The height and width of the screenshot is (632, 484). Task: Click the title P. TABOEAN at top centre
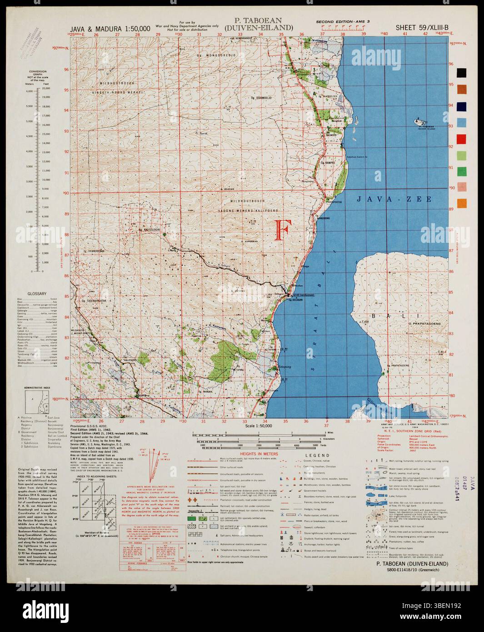coord(258,20)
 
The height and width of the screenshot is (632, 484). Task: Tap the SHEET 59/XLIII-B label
coord(422,27)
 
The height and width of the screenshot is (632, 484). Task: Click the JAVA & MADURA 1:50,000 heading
coord(110,28)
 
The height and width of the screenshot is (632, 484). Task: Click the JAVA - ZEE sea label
coord(393,199)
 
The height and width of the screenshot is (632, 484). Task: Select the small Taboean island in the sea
coord(419,122)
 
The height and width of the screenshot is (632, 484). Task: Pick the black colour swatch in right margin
coord(462,72)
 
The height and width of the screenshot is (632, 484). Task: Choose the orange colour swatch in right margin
coord(462,203)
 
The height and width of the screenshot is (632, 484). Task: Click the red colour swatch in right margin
coord(462,138)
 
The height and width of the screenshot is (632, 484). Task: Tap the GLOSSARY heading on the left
coord(37,294)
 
